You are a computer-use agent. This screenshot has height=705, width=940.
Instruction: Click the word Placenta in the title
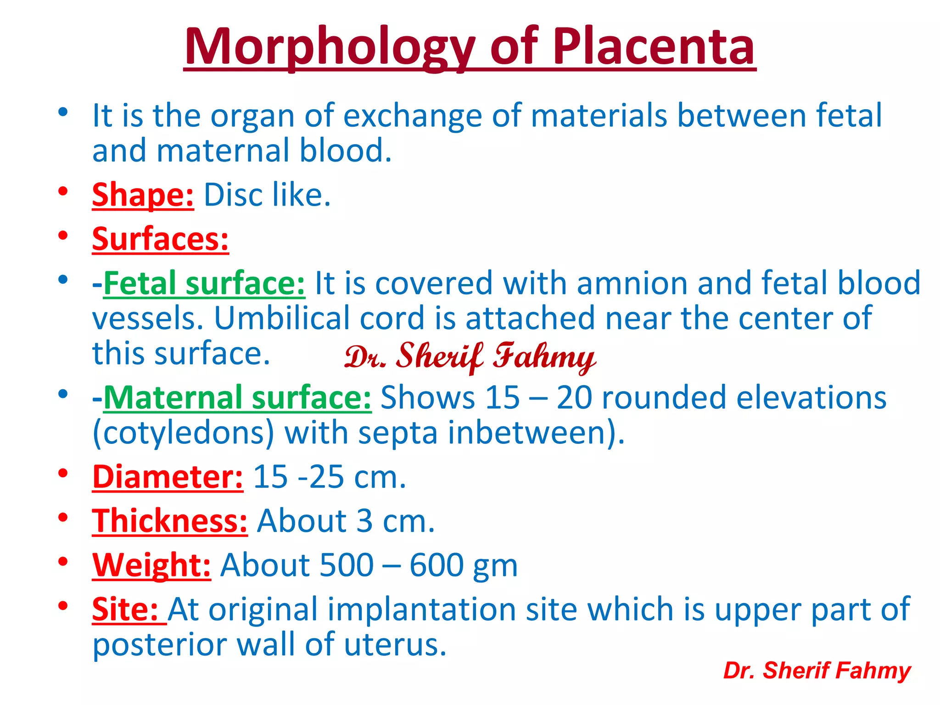(x=654, y=47)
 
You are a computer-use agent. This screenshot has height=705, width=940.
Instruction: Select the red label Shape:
(x=143, y=195)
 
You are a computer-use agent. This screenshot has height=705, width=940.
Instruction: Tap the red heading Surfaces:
(x=160, y=239)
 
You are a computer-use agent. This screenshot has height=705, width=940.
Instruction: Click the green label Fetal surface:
(x=204, y=283)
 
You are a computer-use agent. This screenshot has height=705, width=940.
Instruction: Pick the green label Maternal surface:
(x=237, y=397)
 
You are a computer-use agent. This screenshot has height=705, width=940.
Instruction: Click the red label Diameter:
(x=168, y=477)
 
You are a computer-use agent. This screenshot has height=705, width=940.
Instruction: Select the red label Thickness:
(x=170, y=521)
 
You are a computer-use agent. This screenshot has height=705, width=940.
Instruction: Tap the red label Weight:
(x=151, y=565)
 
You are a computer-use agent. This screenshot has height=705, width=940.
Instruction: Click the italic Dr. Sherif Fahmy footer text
(x=817, y=671)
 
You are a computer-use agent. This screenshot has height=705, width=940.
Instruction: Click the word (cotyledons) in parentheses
(x=183, y=433)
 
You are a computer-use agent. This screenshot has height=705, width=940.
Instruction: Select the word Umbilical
(x=281, y=318)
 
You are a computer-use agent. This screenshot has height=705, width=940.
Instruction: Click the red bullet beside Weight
(x=63, y=561)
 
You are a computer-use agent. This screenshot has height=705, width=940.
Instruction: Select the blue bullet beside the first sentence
(x=63, y=112)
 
